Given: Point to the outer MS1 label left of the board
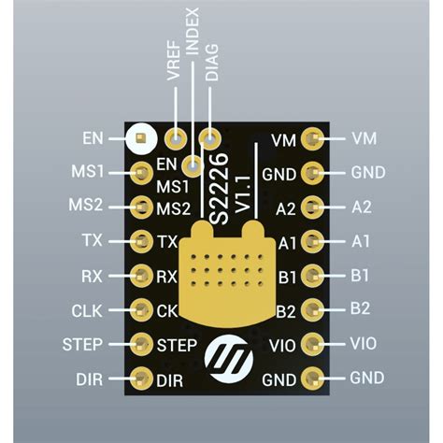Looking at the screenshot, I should [87, 172].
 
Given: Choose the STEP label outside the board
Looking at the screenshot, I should [82, 344].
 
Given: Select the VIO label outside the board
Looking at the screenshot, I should [364, 344].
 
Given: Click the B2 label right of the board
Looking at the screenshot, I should [361, 308].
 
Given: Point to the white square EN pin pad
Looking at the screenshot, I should [140, 139].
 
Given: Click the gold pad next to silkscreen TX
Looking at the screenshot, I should [142, 241].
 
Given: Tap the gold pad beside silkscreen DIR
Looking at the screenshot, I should [142, 379].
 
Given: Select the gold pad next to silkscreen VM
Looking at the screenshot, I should [314, 139].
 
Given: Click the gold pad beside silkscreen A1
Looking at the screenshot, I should [314, 242].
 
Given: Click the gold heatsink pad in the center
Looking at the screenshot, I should [228, 271].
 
